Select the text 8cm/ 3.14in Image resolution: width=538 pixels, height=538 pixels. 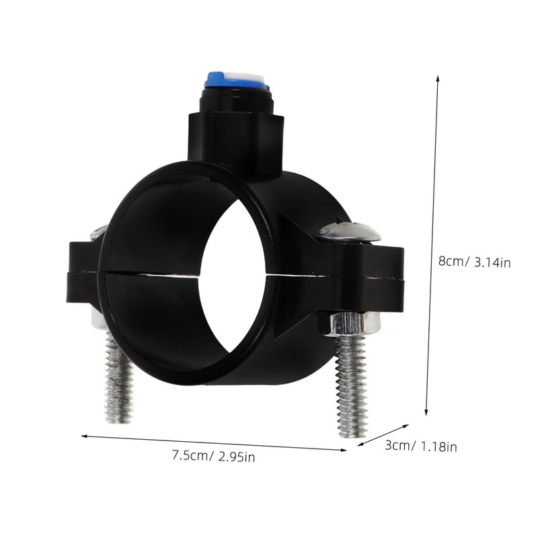click(474, 262)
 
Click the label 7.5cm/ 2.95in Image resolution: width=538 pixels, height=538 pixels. click(213, 457)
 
